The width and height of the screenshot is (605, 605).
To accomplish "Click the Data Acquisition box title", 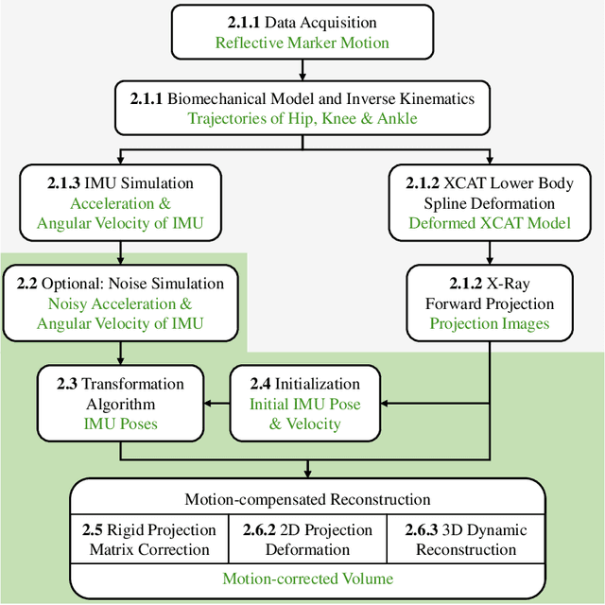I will (302, 22).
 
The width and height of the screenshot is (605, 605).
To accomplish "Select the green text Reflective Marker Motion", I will (302, 43).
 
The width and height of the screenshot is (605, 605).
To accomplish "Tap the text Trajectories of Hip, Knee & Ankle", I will (302, 118).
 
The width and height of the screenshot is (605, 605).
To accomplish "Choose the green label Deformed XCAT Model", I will (489, 224).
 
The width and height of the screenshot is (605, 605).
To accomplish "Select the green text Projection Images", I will (489, 322).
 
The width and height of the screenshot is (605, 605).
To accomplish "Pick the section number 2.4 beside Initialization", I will (261, 384).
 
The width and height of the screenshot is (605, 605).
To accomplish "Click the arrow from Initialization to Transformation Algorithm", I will (218, 404).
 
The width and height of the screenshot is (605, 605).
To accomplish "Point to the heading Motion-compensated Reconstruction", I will (307, 499).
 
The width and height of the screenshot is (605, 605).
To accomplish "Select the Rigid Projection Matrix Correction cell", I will (147, 540).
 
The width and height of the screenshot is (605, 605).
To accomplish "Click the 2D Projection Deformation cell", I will (307, 540).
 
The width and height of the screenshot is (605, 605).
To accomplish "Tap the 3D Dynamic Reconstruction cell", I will (466, 540).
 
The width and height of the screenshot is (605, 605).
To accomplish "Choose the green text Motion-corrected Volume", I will (307, 578).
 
